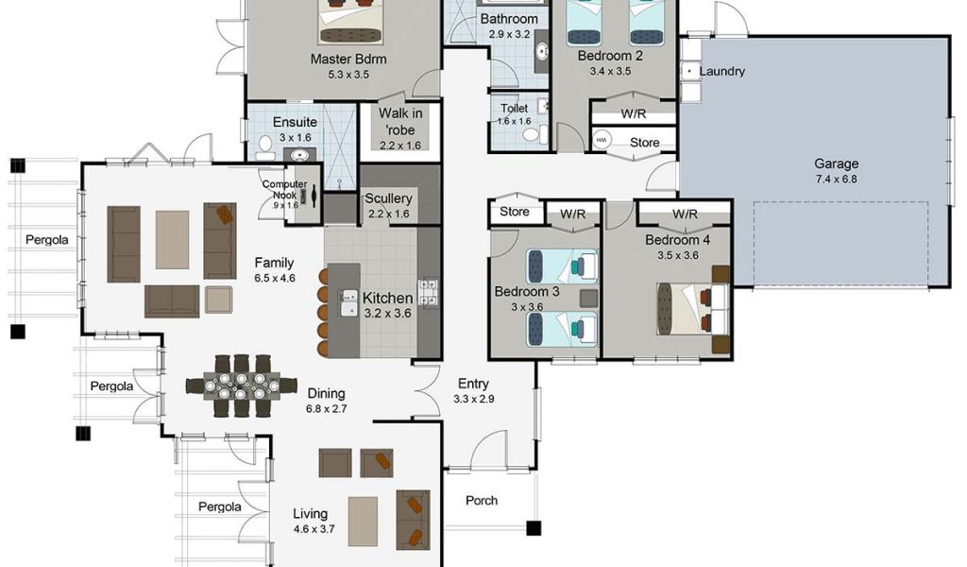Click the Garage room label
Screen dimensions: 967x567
[837, 163]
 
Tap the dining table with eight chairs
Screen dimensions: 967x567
[241, 386]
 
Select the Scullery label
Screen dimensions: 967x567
[388, 198]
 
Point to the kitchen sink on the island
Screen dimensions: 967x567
[349, 303]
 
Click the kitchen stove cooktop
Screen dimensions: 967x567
[428, 293]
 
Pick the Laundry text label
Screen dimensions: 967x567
[722, 71]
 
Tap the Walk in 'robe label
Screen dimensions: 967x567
[400, 122]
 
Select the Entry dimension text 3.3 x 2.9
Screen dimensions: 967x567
[474, 399]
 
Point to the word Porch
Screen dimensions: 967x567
[482, 500]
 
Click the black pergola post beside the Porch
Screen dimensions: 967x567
[534, 528]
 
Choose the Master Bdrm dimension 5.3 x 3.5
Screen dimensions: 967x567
[348, 75]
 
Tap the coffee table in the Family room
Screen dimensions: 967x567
[172, 240]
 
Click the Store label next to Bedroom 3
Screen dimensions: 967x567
[515, 212]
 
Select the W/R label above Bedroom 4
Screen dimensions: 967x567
[686, 215]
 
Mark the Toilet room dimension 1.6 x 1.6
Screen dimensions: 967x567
[515, 122]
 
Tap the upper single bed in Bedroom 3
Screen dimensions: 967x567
[562, 266]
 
